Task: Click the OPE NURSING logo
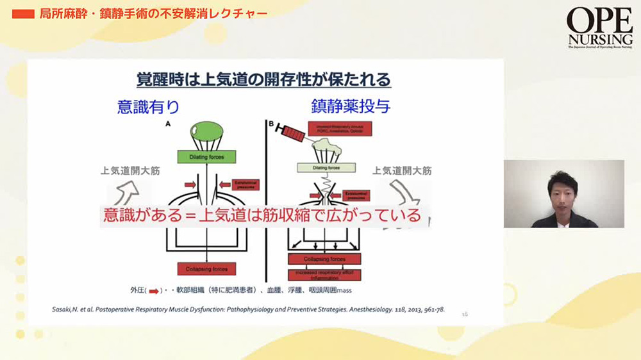click(x=600, y=28)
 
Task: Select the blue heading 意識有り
click(x=148, y=106)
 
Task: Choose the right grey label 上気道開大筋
click(x=403, y=171)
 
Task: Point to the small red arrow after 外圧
click(x=154, y=291)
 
